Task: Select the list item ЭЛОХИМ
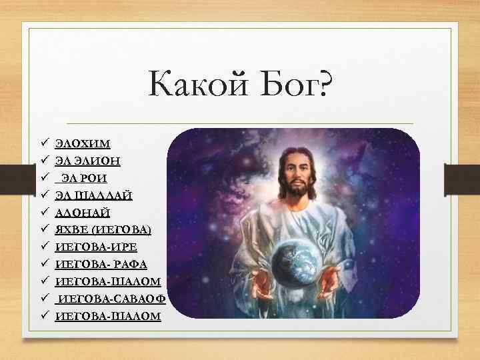[x=83, y=143]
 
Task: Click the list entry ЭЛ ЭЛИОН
[x=88, y=161]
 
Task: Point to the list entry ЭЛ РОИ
[x=83, y=178]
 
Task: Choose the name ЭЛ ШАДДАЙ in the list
[x=94, y=195]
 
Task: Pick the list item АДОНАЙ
[x=83, y=213]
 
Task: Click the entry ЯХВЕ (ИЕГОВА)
[x=103, y=230]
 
